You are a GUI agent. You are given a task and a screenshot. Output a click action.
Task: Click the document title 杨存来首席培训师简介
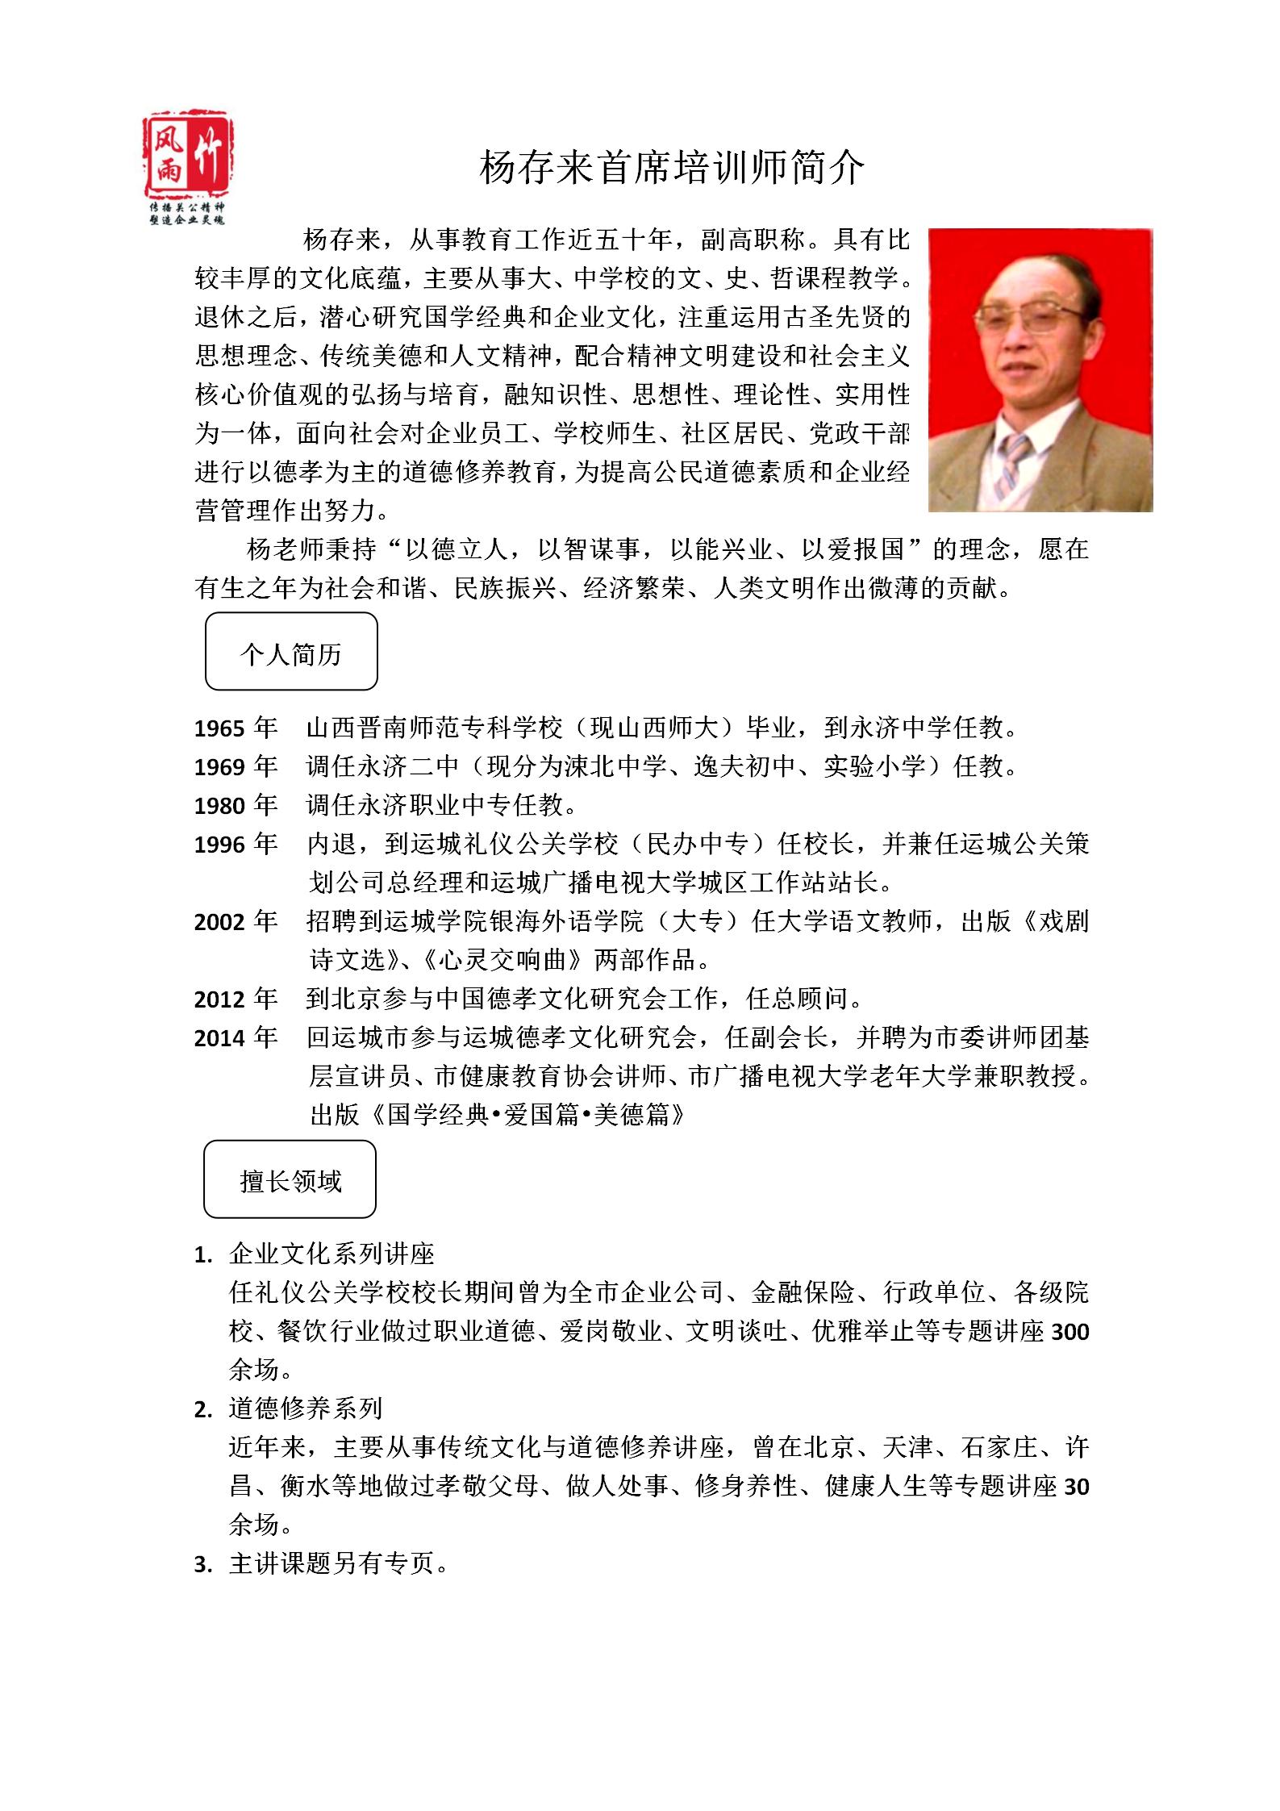click(x=672, y=168)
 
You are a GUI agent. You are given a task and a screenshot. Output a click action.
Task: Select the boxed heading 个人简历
click(x=291, y=652)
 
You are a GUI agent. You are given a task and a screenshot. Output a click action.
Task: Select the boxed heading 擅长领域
click(x=290, y=1179)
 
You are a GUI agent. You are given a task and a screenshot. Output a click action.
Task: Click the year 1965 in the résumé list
click(x=219, y=729)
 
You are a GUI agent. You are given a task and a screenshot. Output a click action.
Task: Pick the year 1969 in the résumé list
click(x=219, y=767)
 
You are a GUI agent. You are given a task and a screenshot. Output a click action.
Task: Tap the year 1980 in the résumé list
click(x=219, y=806)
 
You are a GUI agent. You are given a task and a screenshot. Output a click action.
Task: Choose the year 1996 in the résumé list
click(x=219, y=845)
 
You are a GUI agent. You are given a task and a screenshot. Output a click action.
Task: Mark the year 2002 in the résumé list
click(x=219, y=922)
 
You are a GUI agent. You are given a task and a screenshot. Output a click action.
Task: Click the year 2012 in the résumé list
click(x=219, y=1000)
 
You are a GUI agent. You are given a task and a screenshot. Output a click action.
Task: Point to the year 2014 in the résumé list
click(x=219, y=1038)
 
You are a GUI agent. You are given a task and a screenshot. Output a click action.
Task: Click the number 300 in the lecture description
click(x=1070, y=1332)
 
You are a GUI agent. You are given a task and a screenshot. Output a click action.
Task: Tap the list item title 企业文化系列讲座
click(x=332, y=1254)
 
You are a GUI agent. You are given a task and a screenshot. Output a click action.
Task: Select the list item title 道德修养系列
click(x=306, y=1408)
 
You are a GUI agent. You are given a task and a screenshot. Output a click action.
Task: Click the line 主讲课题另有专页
click(x=339, y=1564)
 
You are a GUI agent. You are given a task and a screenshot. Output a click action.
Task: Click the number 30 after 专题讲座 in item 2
click(x=1077, y=1487)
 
